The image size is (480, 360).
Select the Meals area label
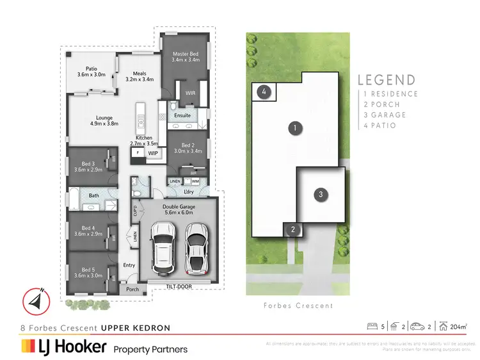140,77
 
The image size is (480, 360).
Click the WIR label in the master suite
190,94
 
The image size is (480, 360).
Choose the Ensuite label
182,115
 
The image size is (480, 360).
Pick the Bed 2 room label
188,148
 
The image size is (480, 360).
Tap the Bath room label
93,196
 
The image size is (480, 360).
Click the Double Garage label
179,211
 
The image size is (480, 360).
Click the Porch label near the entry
132,289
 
